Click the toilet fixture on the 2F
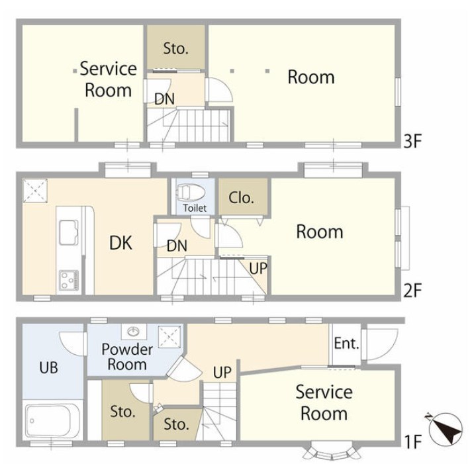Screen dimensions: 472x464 pos(191,192)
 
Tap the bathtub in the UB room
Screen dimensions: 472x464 pos(53,421)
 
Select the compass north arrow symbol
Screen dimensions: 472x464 pos(446,429)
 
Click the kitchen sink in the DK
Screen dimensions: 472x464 pos(69,232)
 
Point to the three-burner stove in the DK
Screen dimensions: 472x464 pos(69,281)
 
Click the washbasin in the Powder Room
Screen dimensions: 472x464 pos(134,332)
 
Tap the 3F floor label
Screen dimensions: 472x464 pos(412,141)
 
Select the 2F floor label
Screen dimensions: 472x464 pos(412,290)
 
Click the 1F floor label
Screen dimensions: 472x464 pos(412,441)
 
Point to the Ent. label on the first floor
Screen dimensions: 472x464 pos(346,344)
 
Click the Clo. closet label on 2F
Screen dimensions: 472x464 pos(242,198)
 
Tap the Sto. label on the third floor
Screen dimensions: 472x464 pos(176,48)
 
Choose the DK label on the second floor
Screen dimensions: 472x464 pos(120,243)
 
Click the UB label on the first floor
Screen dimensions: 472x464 pos(49,367)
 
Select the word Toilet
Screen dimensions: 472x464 pos(195,208)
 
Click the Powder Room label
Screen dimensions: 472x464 pos(127,357)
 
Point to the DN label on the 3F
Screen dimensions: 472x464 pos(164,99)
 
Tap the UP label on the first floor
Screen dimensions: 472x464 pos(222,373)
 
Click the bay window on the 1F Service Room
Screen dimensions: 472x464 pos(332,450)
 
